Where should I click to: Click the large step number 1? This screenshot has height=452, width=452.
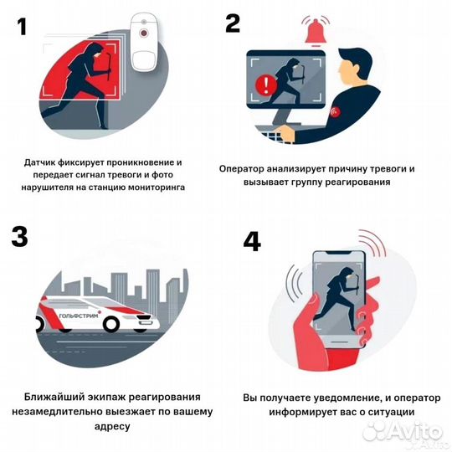pyautogui.click(x=22, y=27)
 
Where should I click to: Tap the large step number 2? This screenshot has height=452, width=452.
pyautogui.click(x=233, y=23)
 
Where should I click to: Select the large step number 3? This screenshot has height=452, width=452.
pyautogui.click(x=19, y=237)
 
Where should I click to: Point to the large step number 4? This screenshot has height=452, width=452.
pyautogui.click(x=252, y=242)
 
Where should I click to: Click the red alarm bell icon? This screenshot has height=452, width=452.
pyautogui.click(x=316, y=33)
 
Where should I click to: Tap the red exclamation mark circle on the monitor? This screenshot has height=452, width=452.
pyautogui.click(x=266, y=85)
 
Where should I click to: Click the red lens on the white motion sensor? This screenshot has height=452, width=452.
pyautogui.click(x=144, y=33)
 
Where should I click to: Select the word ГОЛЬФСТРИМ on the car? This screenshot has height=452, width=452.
pyautogui.click(x=79, y=316)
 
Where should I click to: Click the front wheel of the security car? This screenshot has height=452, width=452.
pyautogui.click(x=111, y=323)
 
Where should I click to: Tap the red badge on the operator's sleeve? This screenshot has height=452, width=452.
pyautogui.click(x=336, y=111)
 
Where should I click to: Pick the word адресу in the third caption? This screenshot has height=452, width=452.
pyautogui.click(x=112, y=426)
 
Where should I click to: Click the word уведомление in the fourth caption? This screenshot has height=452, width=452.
pyautogui.click(x=348, y=398)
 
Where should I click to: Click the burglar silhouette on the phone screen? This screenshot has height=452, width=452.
pyautogui.click(x=340, y=297)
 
